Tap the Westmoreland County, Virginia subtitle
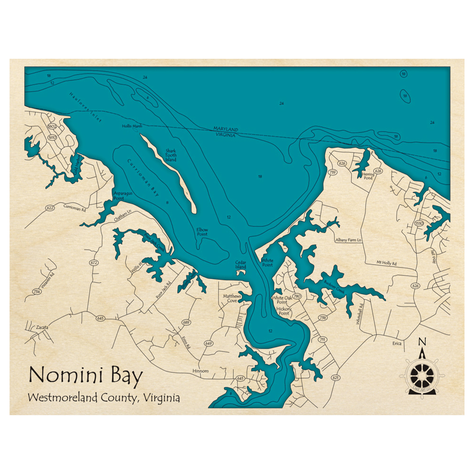coord(104,398)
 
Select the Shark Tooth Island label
coord(171,155)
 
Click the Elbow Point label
coord(202,232)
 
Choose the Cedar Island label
coord(241,264)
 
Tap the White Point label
coord(268,263)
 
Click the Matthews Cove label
coord(232,298)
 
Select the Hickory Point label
coord(283,311)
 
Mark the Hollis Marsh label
coord(132,126)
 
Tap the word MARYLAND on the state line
coord(226,129)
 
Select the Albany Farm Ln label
coord(348,240)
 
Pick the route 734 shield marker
coord(37,292)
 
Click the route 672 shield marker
coord(93,262)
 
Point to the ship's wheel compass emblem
coord(421,375)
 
